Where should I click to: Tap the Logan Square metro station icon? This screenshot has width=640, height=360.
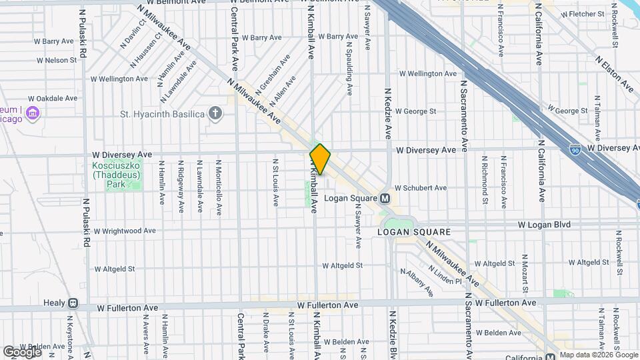(x=385, y=199)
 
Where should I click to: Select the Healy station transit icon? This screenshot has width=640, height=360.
(x=72, y=303)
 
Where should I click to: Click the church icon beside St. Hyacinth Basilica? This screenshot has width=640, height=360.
(x=215, y=113)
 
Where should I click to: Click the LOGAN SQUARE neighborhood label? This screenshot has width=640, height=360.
(x=414, y=232)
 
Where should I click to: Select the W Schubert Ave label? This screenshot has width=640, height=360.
(x=420, y=188)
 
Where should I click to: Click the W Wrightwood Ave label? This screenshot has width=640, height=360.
(x=125, y=231)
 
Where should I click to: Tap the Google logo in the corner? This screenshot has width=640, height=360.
(x=22, y=351)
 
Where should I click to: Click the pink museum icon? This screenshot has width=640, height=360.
(x=31, y=115)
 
